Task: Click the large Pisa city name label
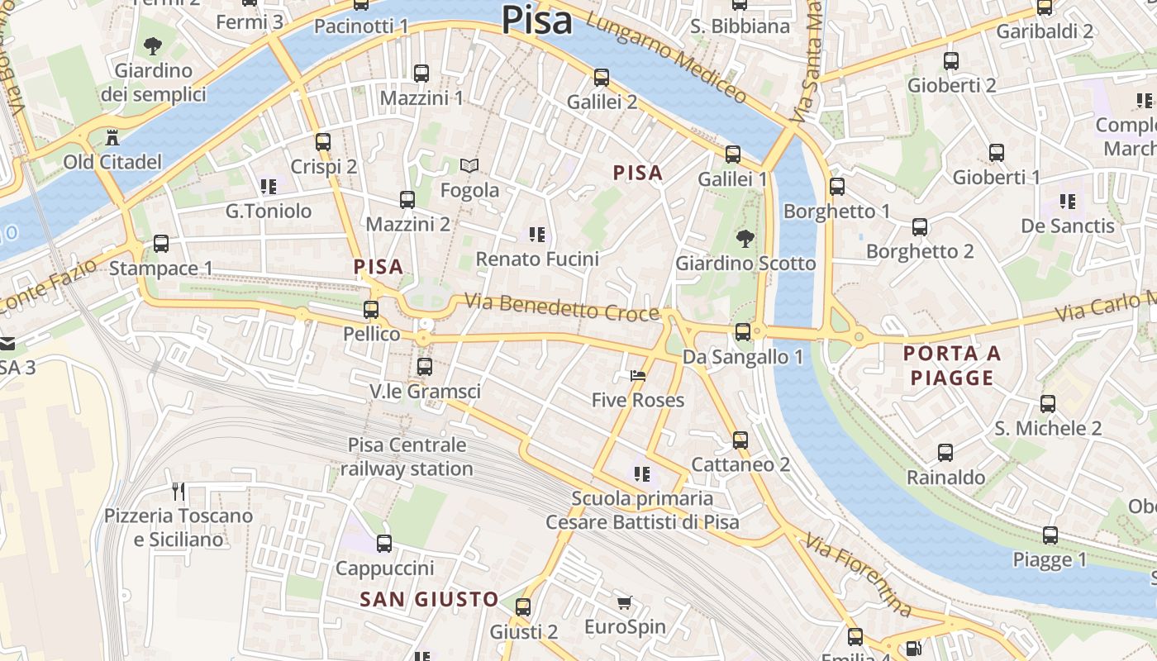536,20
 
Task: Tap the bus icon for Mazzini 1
421,73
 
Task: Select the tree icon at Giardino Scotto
745,239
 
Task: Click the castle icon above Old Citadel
112,137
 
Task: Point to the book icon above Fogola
469,166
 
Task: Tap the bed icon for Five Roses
637,376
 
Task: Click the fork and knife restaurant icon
179,492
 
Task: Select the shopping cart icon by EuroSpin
625,603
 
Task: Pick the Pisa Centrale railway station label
407,457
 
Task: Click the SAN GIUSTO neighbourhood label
430,599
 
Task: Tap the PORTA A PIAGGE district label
951,366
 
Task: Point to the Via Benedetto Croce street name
562,307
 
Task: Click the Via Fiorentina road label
859,577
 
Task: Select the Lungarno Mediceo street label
665,56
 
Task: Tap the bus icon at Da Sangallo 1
743,332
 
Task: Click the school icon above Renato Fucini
537,235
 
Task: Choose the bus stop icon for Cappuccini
384,544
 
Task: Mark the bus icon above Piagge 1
1050,535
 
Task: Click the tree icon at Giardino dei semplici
153,46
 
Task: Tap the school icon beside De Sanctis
1068,201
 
